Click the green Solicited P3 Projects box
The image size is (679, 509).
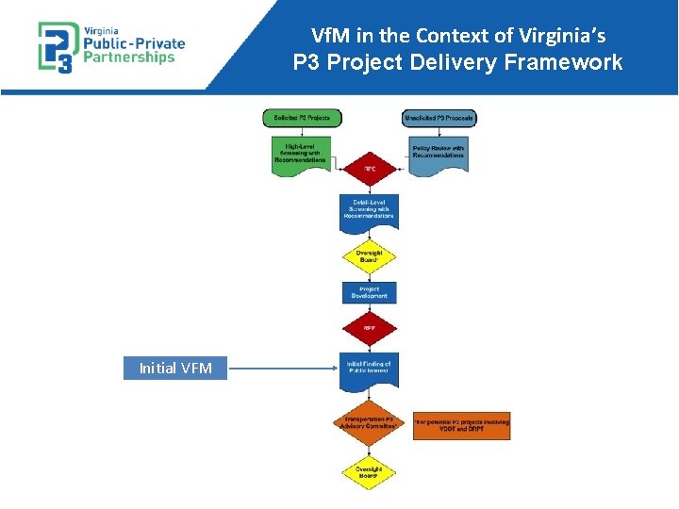302,118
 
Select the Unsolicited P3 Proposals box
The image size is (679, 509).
439,118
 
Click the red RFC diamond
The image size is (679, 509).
370,170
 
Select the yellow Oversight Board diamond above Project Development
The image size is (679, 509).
370,255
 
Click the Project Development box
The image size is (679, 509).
370,292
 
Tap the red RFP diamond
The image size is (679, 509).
370,329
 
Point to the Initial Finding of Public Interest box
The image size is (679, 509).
370,369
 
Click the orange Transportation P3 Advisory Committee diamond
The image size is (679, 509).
370,423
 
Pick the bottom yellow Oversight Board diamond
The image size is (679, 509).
370,472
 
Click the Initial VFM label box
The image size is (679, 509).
175,369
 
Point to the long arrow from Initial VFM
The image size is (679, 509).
283,369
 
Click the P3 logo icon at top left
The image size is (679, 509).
55,46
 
